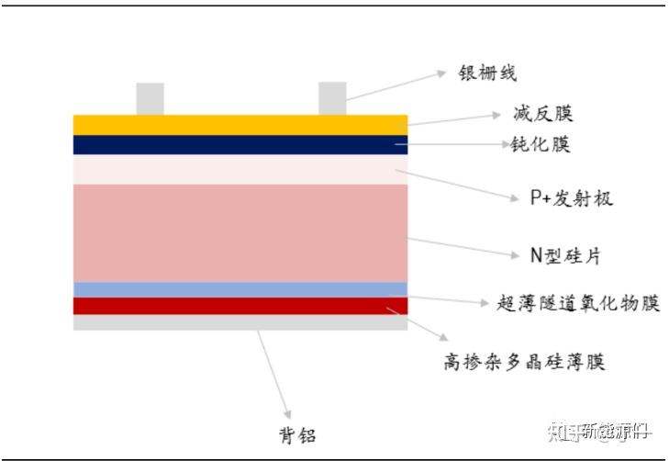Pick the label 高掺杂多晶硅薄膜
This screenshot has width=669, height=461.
pos(524,362)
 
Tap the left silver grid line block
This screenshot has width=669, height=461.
pos(150,99)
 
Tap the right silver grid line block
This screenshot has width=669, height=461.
pos(332,99)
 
